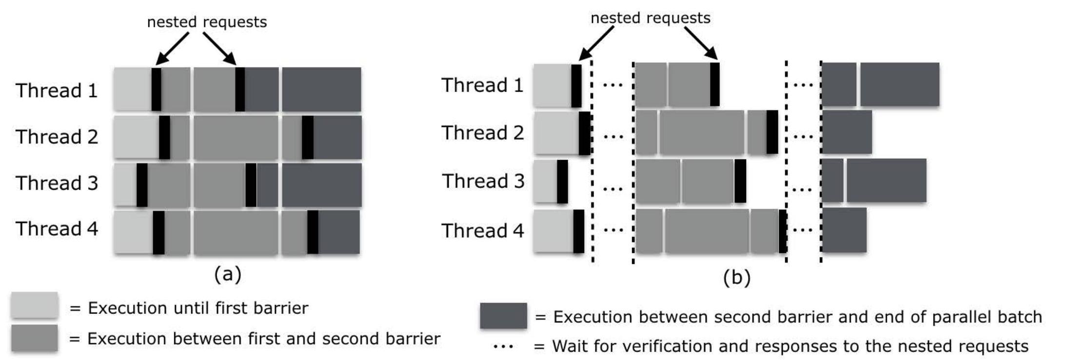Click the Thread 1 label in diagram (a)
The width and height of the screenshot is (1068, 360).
[57, 91]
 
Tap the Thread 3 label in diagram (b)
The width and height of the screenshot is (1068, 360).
[483, 181]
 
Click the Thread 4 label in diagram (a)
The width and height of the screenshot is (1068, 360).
[57, 229]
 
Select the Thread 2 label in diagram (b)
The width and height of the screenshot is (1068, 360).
[482, 133]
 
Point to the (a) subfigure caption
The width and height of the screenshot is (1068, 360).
[228, 275]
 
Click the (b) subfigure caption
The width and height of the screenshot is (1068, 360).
[736, 278]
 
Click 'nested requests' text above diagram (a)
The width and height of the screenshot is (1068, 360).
[207, 22]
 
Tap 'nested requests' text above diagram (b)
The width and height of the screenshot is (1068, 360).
[650, 18]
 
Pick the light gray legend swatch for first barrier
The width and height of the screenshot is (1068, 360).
[35, 305]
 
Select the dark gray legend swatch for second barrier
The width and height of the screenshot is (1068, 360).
[503, 316]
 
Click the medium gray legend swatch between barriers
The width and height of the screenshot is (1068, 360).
[35, 338]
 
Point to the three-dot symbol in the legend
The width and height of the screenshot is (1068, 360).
[503, 347]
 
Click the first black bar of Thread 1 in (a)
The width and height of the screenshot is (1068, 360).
[156, 89]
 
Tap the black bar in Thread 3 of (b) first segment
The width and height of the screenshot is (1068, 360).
[562, 181]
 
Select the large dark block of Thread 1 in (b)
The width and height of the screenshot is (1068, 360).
[899, 84]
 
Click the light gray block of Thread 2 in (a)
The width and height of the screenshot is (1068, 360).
[137, 137]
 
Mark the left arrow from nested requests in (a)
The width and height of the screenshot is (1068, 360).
[172, 49]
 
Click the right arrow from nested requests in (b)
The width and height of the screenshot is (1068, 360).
[701, 43]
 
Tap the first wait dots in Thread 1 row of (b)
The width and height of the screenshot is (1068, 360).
[613, 85]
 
